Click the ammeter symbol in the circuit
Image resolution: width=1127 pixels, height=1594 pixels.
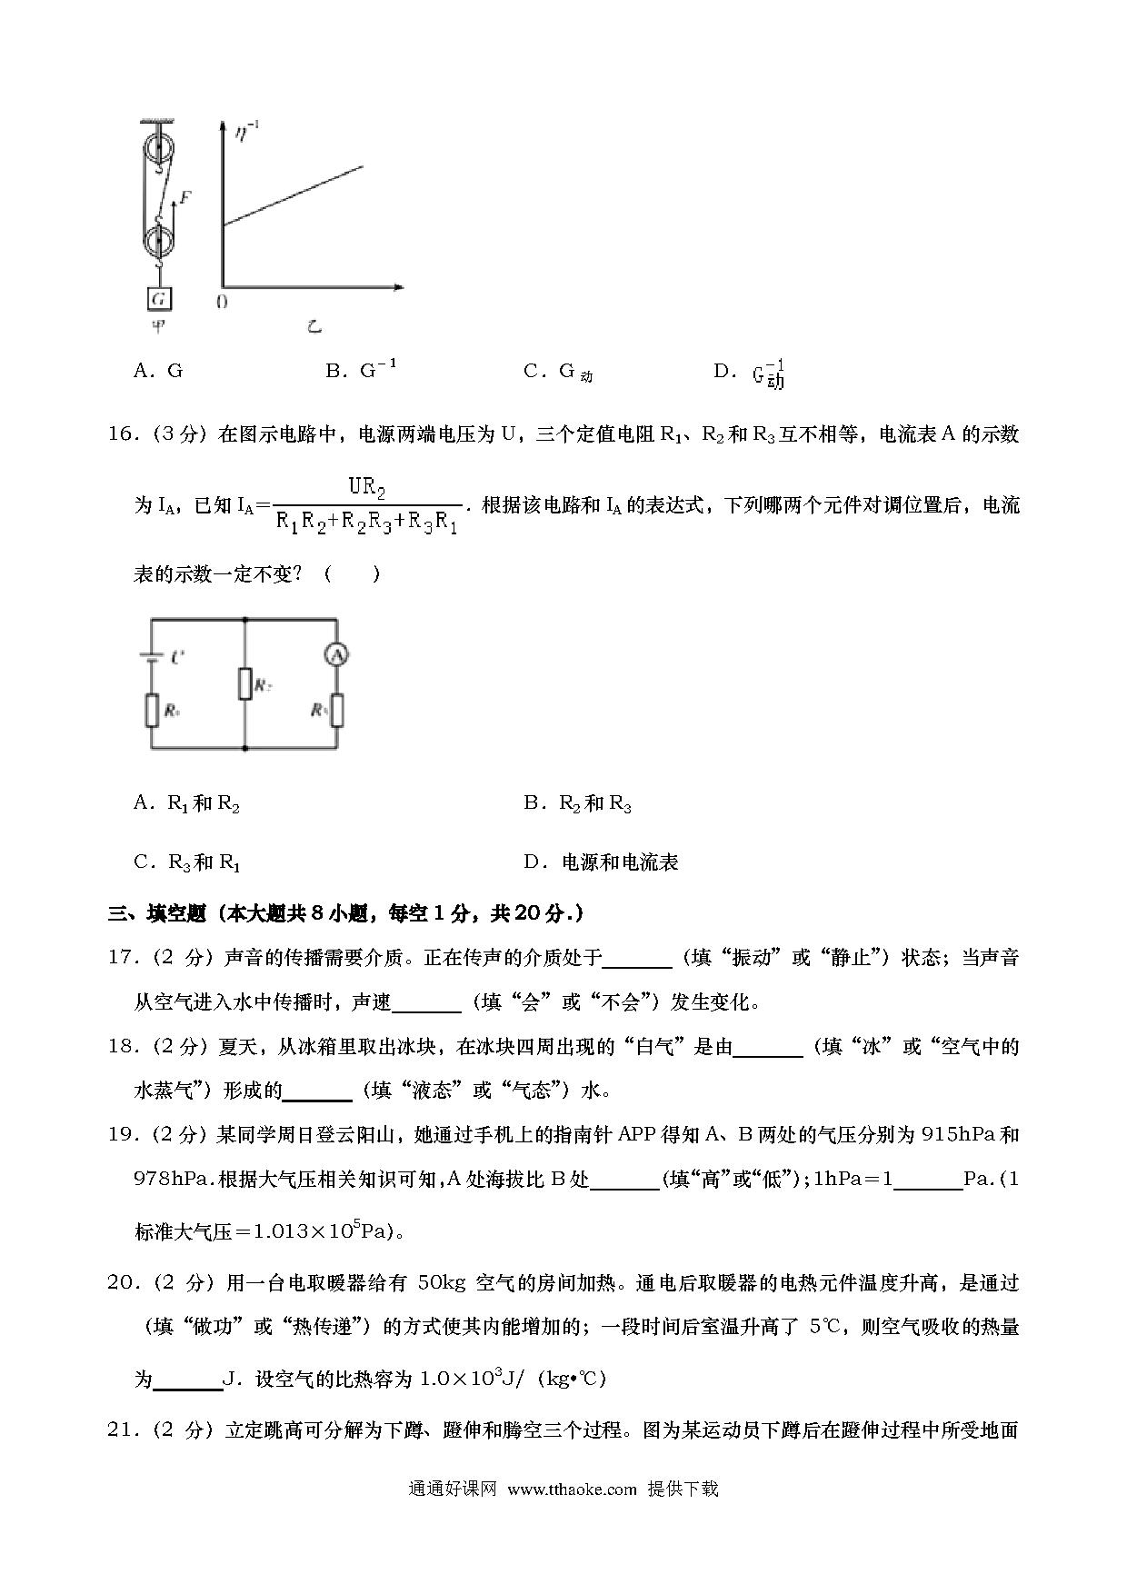[x=337, y=653]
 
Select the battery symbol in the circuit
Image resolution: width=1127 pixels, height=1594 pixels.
[x=151, y=657]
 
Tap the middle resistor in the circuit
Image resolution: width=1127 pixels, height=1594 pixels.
[x=245, y=683]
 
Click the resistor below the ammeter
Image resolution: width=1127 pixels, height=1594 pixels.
[x=337, y=710]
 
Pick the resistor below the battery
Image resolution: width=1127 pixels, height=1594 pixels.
[x=151, y=710]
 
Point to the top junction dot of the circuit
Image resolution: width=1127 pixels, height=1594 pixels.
[x=245, y=619]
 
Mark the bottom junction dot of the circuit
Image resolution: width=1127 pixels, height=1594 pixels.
[x=245, y=749]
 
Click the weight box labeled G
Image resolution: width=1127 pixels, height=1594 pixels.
[x=159, y=298]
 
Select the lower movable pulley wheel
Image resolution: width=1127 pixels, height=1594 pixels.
[x=159, y=244]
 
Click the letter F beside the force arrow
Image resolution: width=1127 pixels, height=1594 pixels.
[x=185, y=196]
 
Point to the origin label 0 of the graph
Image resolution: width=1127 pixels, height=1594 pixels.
[x=221, y=303]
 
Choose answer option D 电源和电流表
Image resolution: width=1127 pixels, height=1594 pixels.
[x=601, y=862]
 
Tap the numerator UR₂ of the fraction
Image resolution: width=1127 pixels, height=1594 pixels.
[x=367, y=487]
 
